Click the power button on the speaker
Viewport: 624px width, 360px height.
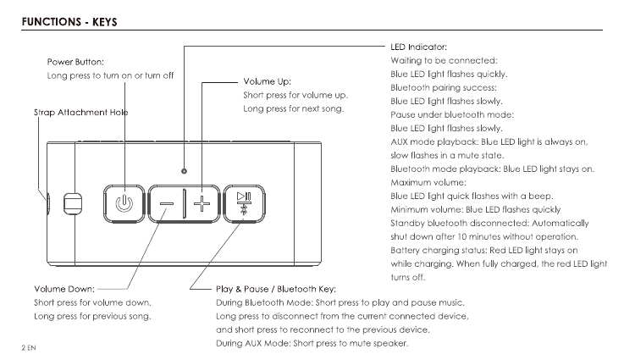click(124, 203)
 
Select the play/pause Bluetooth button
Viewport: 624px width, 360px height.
click(244, 203)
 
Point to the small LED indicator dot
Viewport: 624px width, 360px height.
click(184, 169)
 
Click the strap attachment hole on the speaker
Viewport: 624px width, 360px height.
click(73, 203)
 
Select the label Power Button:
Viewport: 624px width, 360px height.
click(75, 62)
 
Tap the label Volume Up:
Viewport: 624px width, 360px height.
click(267, 82)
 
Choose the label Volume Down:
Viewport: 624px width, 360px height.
click(64, 289)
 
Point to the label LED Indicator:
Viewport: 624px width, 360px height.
click(418, 47)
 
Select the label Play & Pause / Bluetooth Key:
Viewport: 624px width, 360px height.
click(277, 289)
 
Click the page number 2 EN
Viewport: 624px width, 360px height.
click(30, 348)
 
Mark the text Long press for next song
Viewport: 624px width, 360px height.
click(293, 109)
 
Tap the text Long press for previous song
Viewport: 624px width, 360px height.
click(92, 316)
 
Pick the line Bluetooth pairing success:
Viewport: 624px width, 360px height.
click(444, 87)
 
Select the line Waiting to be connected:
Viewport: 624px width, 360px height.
click(443, 60)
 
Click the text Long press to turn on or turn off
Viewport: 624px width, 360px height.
click(110, 75)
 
